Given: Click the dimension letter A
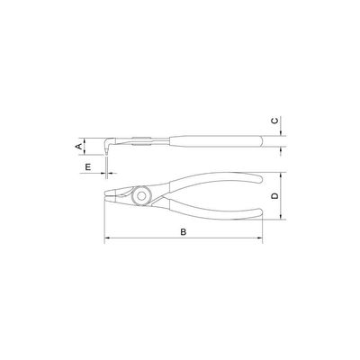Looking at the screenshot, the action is [79, 147].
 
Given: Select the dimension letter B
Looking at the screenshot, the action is [184, 231].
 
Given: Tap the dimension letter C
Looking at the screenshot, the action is [274, 121].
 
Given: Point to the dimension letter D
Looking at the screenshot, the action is [274, 196].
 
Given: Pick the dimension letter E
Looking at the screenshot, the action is [88, 166].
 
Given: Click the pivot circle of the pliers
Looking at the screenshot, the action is [141, 196].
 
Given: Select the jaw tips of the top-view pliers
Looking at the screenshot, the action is [107, 194].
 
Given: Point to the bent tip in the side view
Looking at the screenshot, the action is [107, 149].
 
